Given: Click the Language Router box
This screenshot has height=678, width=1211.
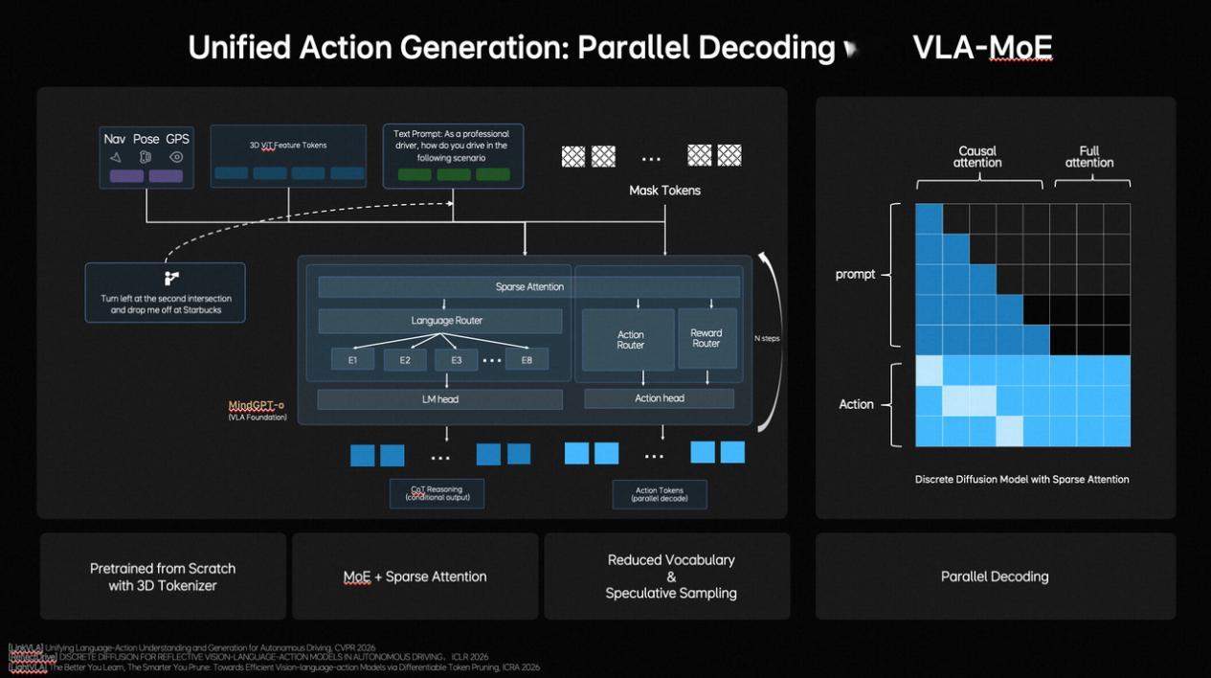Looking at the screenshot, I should pyautogui.click(x=446, y=321).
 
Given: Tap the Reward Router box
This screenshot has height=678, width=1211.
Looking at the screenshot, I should pyautogui.click(x=706, y=338).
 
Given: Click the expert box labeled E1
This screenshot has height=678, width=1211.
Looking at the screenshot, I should pyautogui.click(x=352, y=360).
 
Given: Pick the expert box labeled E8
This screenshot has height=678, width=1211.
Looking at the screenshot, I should pyautogui.click(x=527, y=360).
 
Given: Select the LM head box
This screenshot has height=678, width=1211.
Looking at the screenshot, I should pyautogui.click(x=440, y=398).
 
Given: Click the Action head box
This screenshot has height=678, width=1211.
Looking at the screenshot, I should pyautogui.click(x=659, y=398).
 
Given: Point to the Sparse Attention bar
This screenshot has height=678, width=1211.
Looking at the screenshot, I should pyautogui.click(x=529, y=286).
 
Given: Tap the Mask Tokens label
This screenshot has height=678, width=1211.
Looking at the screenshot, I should pyautogui.click(x=664, y=191).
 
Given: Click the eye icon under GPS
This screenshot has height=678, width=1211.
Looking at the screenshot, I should pyautogui.click(x=176, y=157).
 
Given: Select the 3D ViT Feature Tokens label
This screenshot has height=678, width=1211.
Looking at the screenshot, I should pyautogui.click(x=288, y=146).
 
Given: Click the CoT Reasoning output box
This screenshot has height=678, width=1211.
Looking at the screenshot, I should pyautogui.click(x=437, y=493).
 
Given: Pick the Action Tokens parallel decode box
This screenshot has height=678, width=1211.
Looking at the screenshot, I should pyautogui.click(x=660, y=494).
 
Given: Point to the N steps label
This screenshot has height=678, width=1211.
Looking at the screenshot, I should pyautogui.click(x=767, y=339).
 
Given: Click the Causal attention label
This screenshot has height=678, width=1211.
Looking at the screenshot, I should pyautogui.click(x=976, y=157).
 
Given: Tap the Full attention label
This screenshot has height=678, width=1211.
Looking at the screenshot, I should pyautogui.click(x=1089, y=157).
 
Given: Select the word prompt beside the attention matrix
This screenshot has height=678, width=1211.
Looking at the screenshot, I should pyautogui.click(x=855, y=274).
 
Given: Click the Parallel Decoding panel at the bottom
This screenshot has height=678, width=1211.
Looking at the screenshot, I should pyautogui.click(x=995, y=576).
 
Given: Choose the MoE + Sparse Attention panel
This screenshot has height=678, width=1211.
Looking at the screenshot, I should pyautogui.click(x=415, y=576).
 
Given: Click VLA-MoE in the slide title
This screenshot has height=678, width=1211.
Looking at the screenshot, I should pyautogui.click(x=982, y=47).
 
